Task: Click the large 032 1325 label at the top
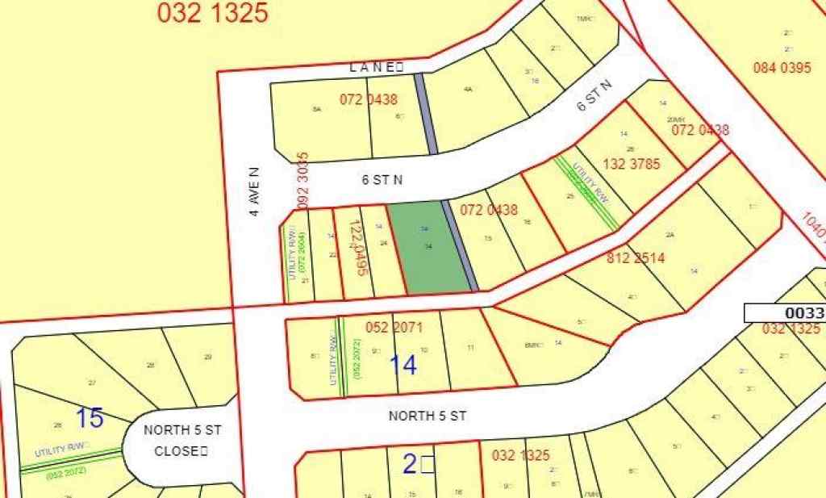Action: click(213, 12)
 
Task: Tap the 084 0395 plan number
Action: click(782, 68)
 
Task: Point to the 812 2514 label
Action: click(636, 258)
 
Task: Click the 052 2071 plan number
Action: click(394, 328)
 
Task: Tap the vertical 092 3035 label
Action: click(303, 182)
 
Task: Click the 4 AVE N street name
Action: click(254, 192)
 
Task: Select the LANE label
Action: click(376, 68)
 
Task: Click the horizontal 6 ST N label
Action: click(382, 180)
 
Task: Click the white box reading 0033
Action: click(784, 313)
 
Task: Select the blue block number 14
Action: click(403, 365)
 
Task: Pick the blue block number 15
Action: click(90, 418)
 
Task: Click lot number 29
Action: click(207, 357)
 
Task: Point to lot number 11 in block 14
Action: click(470, 348)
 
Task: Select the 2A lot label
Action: click(669, 235)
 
